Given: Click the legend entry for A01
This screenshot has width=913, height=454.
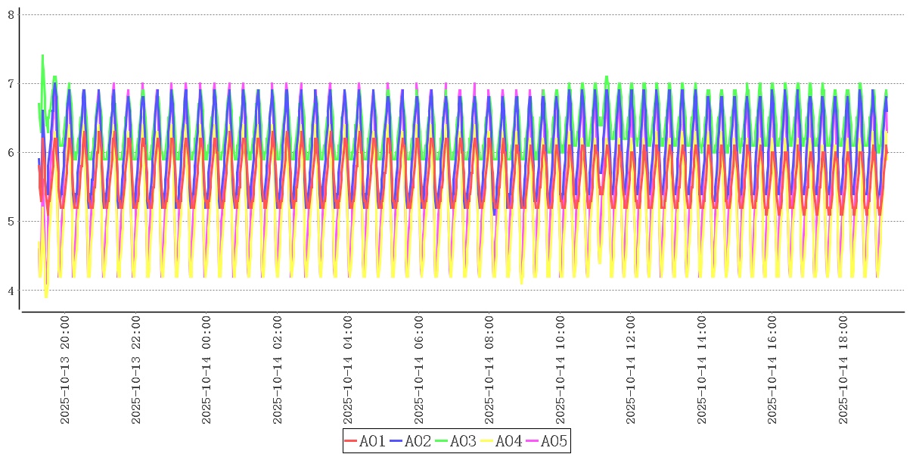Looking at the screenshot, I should tap(365, 441).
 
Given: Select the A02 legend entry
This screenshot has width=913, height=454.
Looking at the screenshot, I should tap(411, 441).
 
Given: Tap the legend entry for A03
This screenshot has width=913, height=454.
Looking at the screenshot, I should tap(456, 441).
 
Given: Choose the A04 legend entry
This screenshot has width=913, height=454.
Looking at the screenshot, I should tap(502, 441).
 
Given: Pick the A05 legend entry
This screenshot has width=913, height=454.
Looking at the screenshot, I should tap(546, 441).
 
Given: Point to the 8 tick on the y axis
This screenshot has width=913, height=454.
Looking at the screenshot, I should tap(11, 14).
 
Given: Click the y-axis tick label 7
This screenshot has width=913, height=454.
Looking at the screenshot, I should tap(11, 83).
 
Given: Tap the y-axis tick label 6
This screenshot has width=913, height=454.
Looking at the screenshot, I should tap(11, 152).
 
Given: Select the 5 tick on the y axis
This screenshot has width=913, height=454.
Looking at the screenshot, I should tap(11, 221).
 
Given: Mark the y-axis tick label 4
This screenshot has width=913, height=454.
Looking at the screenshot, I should tap(11, 290).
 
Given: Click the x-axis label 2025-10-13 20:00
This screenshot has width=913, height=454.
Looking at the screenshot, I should tap(65, 370).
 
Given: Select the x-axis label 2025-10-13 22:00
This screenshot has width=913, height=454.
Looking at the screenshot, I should tap(136, 370).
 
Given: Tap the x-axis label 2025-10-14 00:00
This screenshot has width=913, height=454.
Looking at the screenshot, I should tap(207, 370).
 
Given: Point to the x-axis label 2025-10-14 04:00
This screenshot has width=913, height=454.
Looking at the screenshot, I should tap(348, 370).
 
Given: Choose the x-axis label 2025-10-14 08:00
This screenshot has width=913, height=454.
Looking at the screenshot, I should tap(489, 370).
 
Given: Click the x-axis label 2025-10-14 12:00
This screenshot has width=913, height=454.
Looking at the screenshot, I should tap(631, 370).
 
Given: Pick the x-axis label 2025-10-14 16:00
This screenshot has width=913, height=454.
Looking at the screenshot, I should tap(772, 370).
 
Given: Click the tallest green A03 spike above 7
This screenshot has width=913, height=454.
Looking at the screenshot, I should tap(42, 56).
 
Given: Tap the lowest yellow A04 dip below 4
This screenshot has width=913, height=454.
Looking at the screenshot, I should tap(45, 296).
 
